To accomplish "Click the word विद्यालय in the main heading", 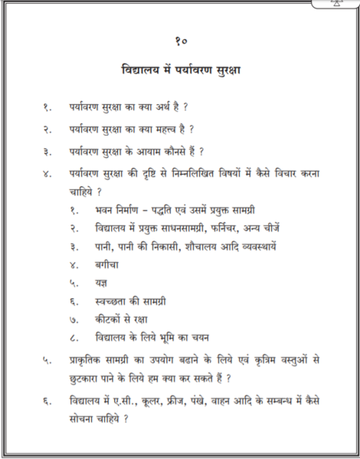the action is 142,71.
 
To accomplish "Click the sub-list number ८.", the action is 74,339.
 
